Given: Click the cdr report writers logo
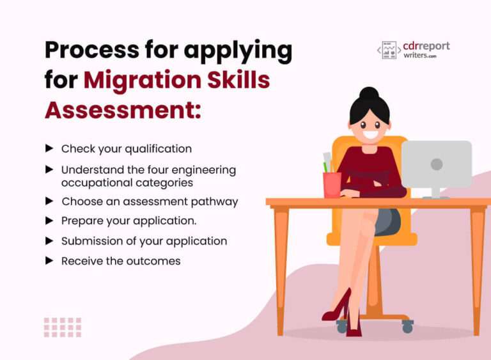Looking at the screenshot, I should (414, 50).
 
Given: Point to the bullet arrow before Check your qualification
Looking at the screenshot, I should (49, 148).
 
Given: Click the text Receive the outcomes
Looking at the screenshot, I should (121, 261).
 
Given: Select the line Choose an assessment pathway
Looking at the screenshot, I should (150, 201).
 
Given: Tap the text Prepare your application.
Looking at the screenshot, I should (129, 221).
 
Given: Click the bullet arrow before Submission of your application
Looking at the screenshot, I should (49, 241).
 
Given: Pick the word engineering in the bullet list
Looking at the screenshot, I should (201, 170).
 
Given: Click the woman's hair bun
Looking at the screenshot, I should (369, 94).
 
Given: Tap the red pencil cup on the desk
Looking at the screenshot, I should (332, 184).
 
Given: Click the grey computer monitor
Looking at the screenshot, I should (437, 164).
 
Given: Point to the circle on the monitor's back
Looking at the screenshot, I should (437, 164).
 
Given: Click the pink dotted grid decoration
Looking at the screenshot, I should (63, 327).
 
